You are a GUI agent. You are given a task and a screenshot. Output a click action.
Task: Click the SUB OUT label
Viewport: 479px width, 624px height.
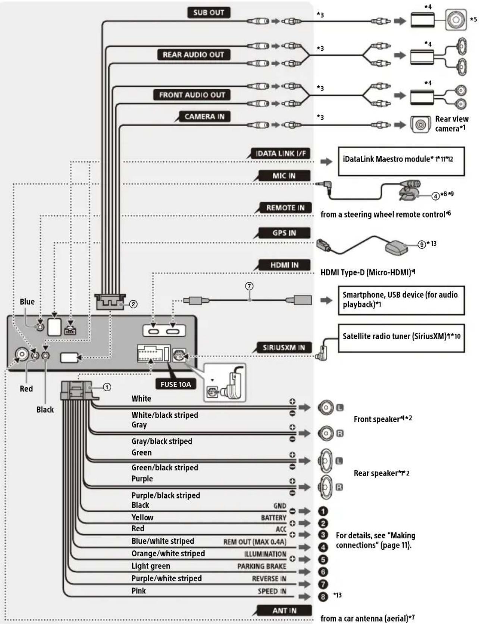208,13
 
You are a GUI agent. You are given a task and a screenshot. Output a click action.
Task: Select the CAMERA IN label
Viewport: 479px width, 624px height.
204,117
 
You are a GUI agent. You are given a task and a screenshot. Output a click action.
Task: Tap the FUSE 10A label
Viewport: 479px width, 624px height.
175,384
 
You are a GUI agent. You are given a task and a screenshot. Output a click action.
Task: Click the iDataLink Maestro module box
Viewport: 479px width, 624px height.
401,161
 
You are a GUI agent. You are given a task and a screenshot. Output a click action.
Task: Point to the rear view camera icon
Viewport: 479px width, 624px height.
420,124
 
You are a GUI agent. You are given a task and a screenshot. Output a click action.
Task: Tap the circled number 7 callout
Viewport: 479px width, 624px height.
249,286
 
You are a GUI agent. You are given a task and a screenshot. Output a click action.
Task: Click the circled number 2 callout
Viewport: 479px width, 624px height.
133,304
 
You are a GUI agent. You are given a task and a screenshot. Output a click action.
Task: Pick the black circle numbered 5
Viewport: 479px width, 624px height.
323,559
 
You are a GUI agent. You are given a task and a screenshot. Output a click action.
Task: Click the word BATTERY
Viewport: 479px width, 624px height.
273,518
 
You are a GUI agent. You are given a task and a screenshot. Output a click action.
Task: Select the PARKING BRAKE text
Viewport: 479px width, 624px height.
262,566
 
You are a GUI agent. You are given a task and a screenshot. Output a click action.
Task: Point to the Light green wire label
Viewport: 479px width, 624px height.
150,566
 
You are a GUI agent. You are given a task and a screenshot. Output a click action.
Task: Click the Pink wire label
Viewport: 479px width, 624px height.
138,591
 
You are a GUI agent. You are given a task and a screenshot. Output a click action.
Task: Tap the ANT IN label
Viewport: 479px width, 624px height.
284,611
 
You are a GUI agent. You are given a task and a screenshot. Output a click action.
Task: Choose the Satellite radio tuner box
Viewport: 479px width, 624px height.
401,338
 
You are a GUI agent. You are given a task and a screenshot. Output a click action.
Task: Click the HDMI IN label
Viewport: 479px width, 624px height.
284,265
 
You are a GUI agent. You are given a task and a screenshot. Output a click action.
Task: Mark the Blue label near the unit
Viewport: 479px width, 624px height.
27,302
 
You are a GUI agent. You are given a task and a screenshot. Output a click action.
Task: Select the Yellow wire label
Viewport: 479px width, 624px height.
142,518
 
